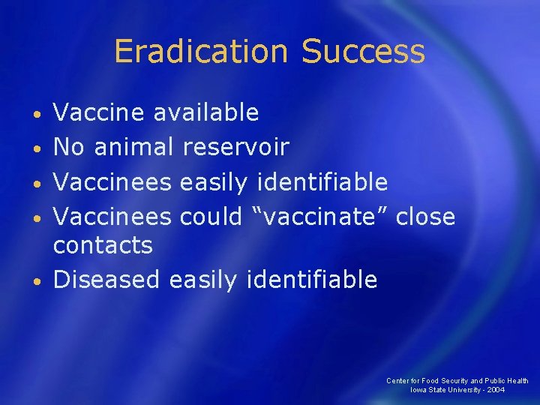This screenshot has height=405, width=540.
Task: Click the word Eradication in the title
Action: (x=201, y=52)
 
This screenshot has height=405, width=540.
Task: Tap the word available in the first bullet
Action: (x=205, y=112)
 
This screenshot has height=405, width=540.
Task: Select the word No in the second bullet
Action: (x=69, y=147)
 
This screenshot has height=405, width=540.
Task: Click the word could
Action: (x=211, y=217)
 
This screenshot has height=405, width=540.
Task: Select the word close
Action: (x=426, y=217)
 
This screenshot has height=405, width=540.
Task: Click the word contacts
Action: (x=103, y=245)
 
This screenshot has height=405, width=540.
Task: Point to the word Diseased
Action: (x=106, y=280)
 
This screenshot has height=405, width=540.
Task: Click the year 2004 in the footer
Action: (x=495, y=390)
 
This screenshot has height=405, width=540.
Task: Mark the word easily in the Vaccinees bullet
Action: (x=215, y=182)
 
